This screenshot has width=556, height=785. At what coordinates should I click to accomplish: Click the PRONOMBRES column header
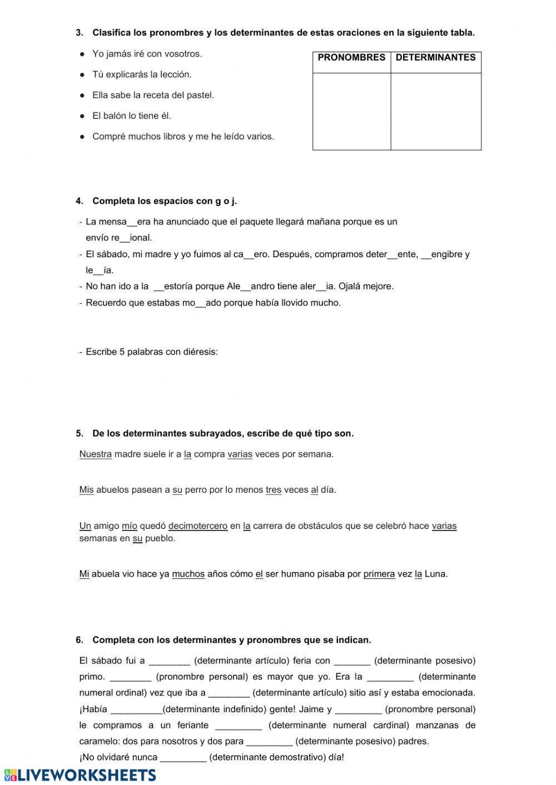pyautogui.click(x=351, y=58)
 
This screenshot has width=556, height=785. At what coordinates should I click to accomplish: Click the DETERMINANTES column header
pyautogui.click(x=435, y=58)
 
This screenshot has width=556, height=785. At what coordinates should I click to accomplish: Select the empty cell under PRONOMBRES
pyautogui.click(x=351, y=111)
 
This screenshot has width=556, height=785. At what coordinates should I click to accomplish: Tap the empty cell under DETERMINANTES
pyautogui.click(x=436, y=111)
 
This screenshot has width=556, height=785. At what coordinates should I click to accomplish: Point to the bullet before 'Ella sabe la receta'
pyautogui.click(x=82, y=96)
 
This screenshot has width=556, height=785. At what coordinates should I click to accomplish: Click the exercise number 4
pyautogui.click(x=79, y=201)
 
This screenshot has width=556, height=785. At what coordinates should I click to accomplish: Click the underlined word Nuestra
pyautogui.click(x=96, y=454)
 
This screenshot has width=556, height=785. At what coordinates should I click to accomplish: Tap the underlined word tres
pyautogui.click(x=274, y=490)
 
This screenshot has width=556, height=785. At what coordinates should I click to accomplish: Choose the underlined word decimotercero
pyautogui.click(x=198, y=526)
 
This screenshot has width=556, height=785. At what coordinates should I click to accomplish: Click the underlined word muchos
pyautogui.click(x=188, y=574)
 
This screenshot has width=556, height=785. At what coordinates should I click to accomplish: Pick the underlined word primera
pyautogui.click(x=379, y=574)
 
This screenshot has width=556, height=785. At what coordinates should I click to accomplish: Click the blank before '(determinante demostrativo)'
pyautogui.click(x=183, y=757)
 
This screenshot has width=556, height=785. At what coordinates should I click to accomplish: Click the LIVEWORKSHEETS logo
pyautogui.click(x=80, y=775)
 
